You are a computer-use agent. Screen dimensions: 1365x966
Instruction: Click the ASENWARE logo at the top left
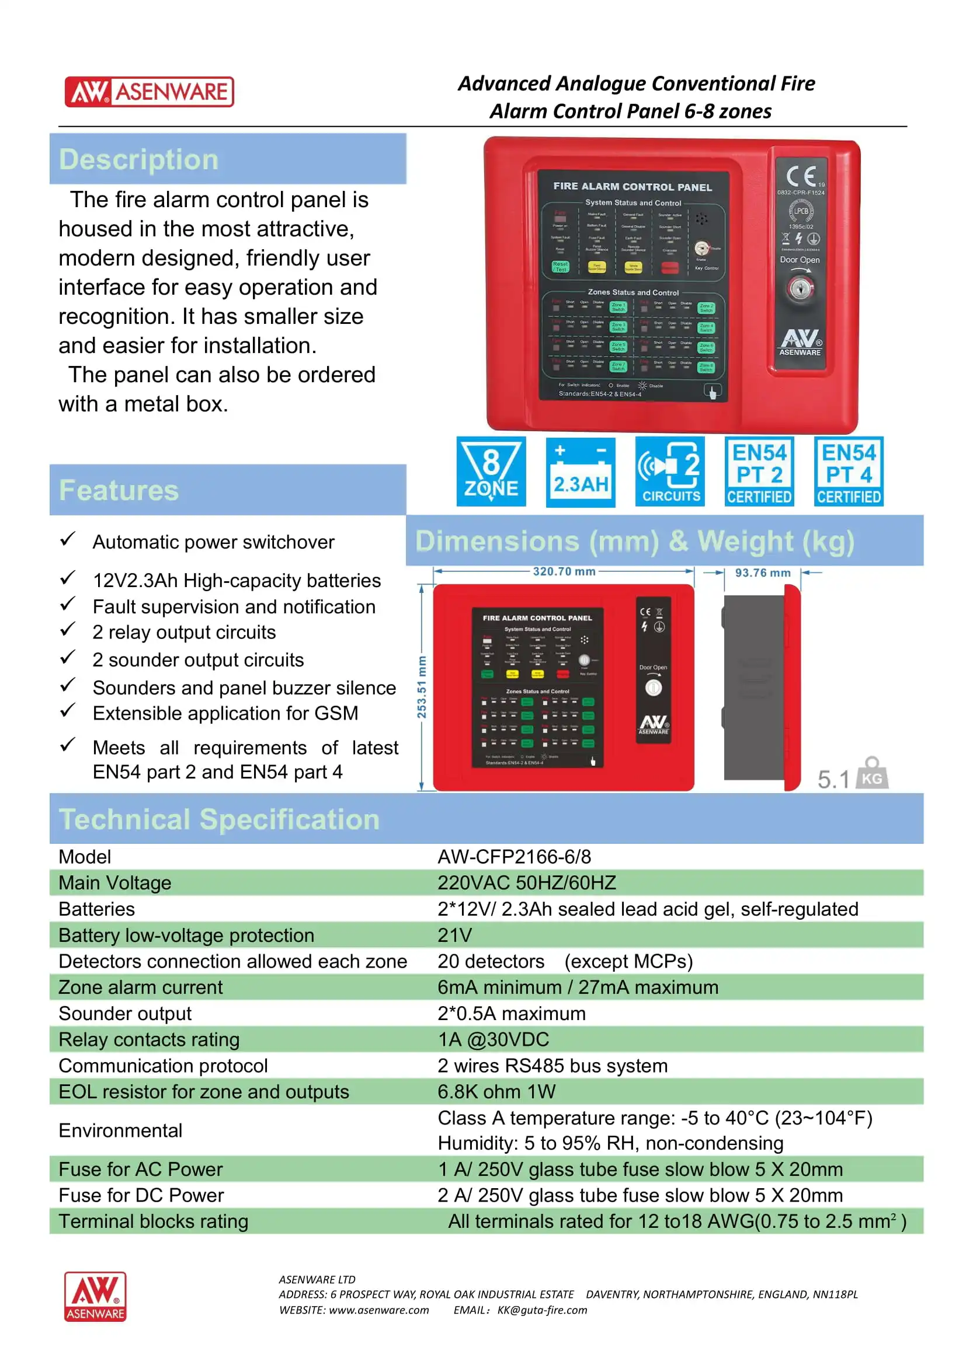[149, 92]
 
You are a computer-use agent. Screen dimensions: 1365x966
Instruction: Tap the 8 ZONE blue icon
[491, 472]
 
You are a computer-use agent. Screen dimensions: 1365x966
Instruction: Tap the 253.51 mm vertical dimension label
[422, 687]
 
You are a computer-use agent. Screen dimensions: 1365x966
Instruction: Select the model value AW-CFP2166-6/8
[514, 857]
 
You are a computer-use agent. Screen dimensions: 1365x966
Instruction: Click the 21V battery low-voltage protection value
[454, 935]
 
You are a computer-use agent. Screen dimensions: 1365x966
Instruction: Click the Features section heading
[119, 490]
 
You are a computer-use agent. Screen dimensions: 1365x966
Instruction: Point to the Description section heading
[138, 159]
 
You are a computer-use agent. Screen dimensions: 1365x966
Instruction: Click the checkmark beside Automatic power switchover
[67, 539]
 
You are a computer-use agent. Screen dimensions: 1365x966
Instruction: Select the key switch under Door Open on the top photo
[800, 289]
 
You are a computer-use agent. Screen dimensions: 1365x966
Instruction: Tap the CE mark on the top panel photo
[801, 177]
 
